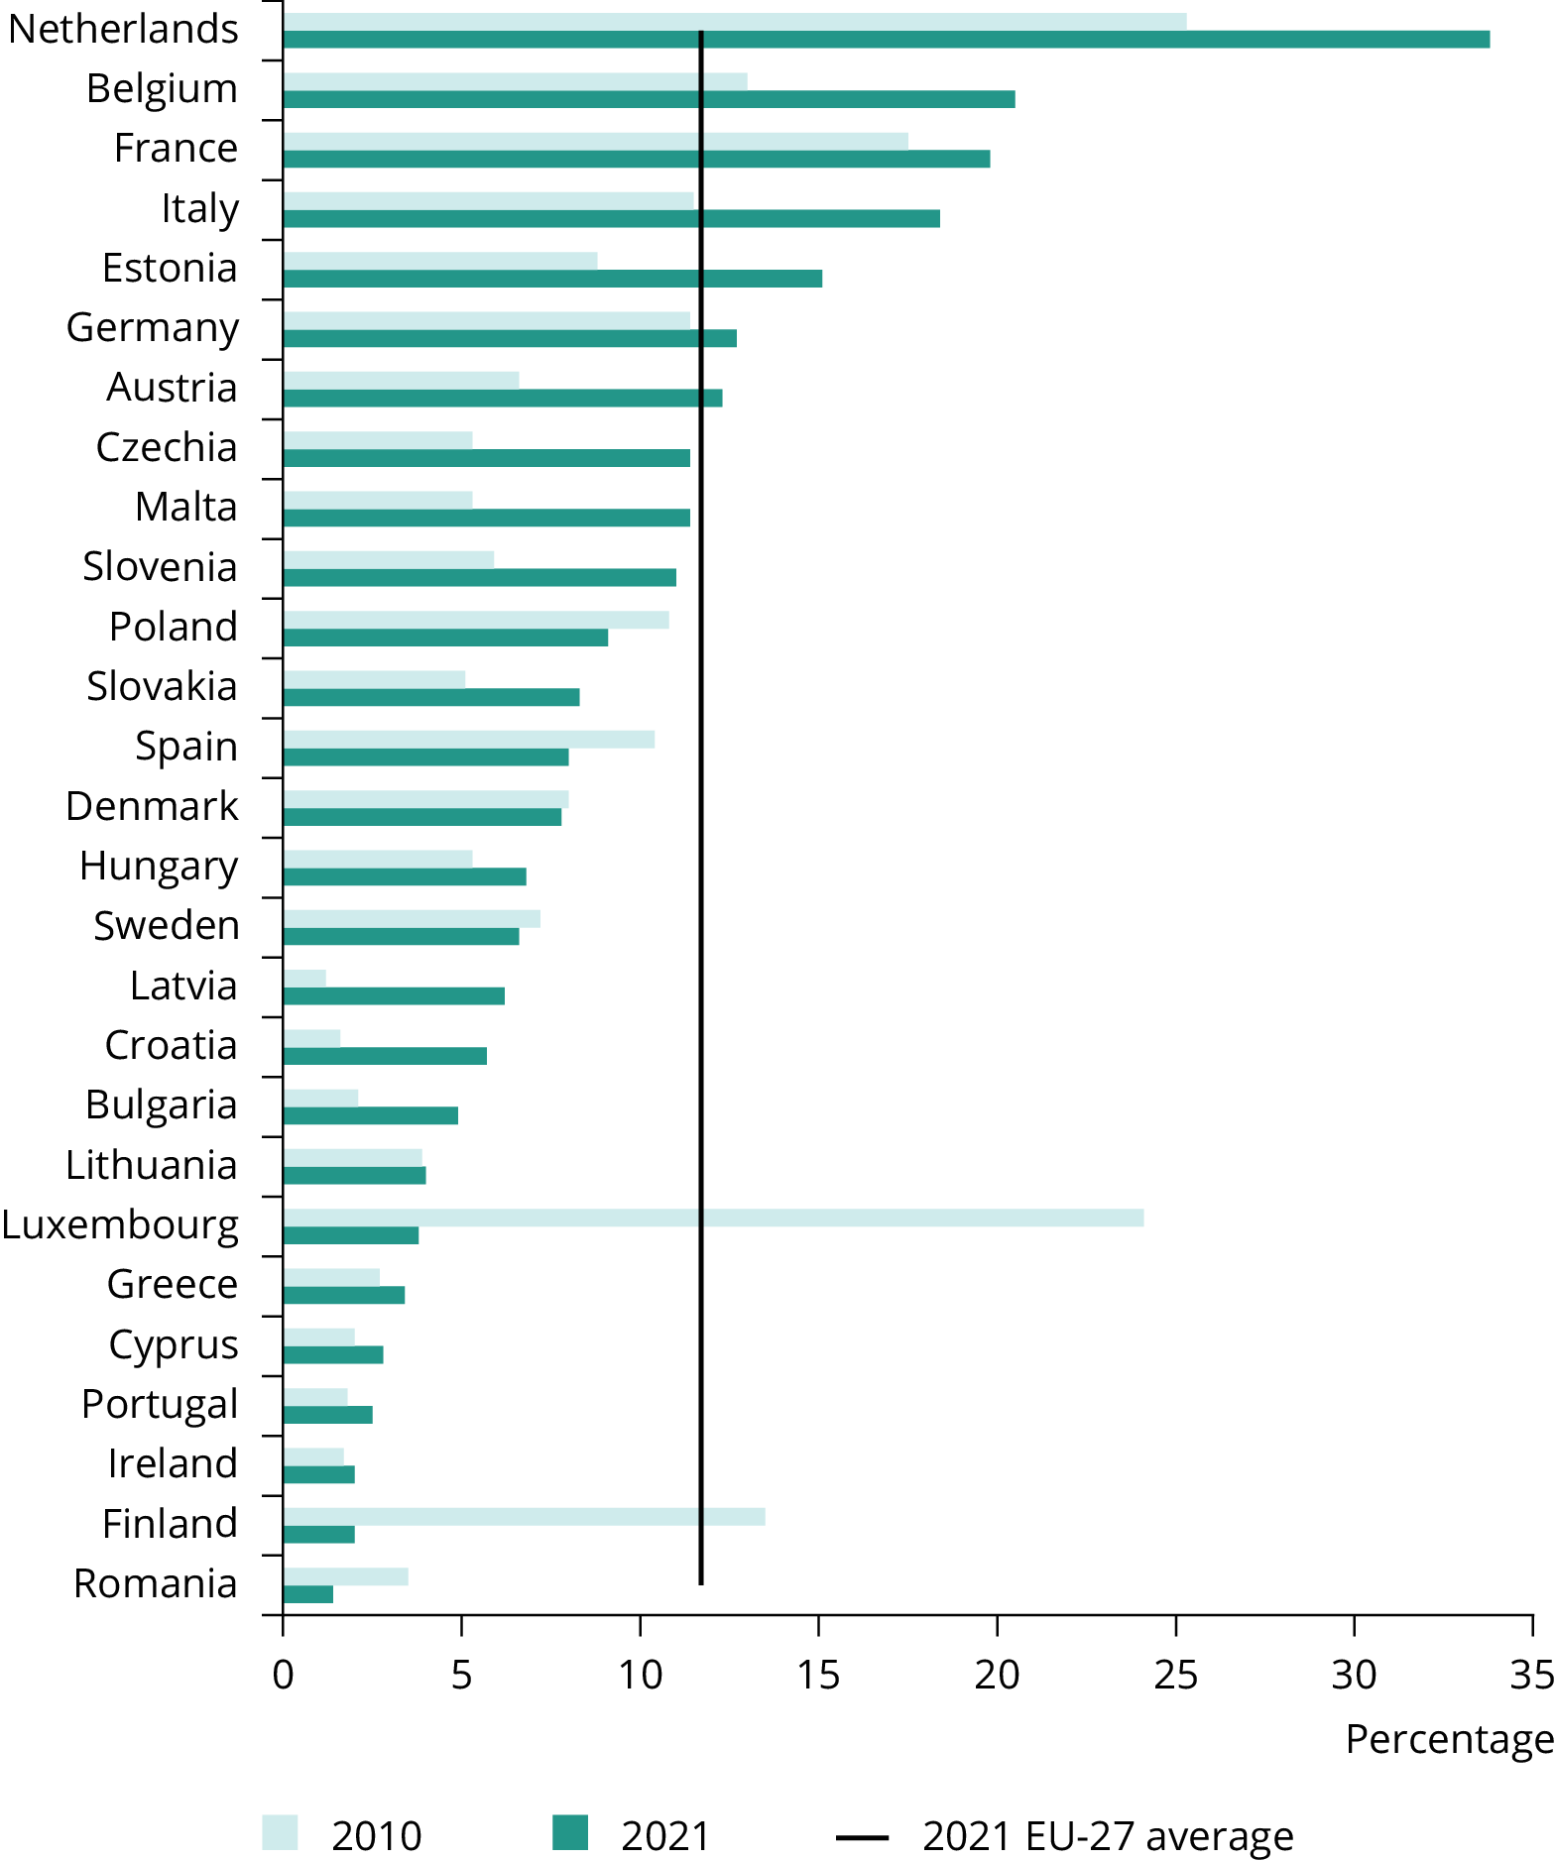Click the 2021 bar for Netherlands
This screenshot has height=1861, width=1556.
point(886,40)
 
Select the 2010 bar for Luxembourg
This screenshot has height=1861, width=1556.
point(713,1218)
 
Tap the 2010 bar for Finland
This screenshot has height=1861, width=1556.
point(524,1516)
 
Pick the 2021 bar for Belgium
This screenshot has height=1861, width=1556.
point(649,99)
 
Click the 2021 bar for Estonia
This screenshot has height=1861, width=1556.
point(552,279)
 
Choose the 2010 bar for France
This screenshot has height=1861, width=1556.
point(595,142)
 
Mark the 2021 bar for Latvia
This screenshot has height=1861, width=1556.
point(394,995)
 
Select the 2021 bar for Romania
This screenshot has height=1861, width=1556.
point(307,1594)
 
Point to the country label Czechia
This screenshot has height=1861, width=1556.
point(167,448)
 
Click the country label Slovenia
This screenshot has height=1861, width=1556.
point(160,567)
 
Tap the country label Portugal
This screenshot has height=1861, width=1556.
point(160,1404)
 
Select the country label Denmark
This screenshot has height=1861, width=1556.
point(152,806)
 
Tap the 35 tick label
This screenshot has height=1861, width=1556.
point(1531,1675)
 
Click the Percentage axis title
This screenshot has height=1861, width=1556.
point(1449,1739)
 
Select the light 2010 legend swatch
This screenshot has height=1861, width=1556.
point(280,1832)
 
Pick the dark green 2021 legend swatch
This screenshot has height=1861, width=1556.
point(570,1832)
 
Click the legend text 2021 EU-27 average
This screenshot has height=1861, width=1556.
point(1107,1836)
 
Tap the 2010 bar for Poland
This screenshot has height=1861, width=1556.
point(476,620)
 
